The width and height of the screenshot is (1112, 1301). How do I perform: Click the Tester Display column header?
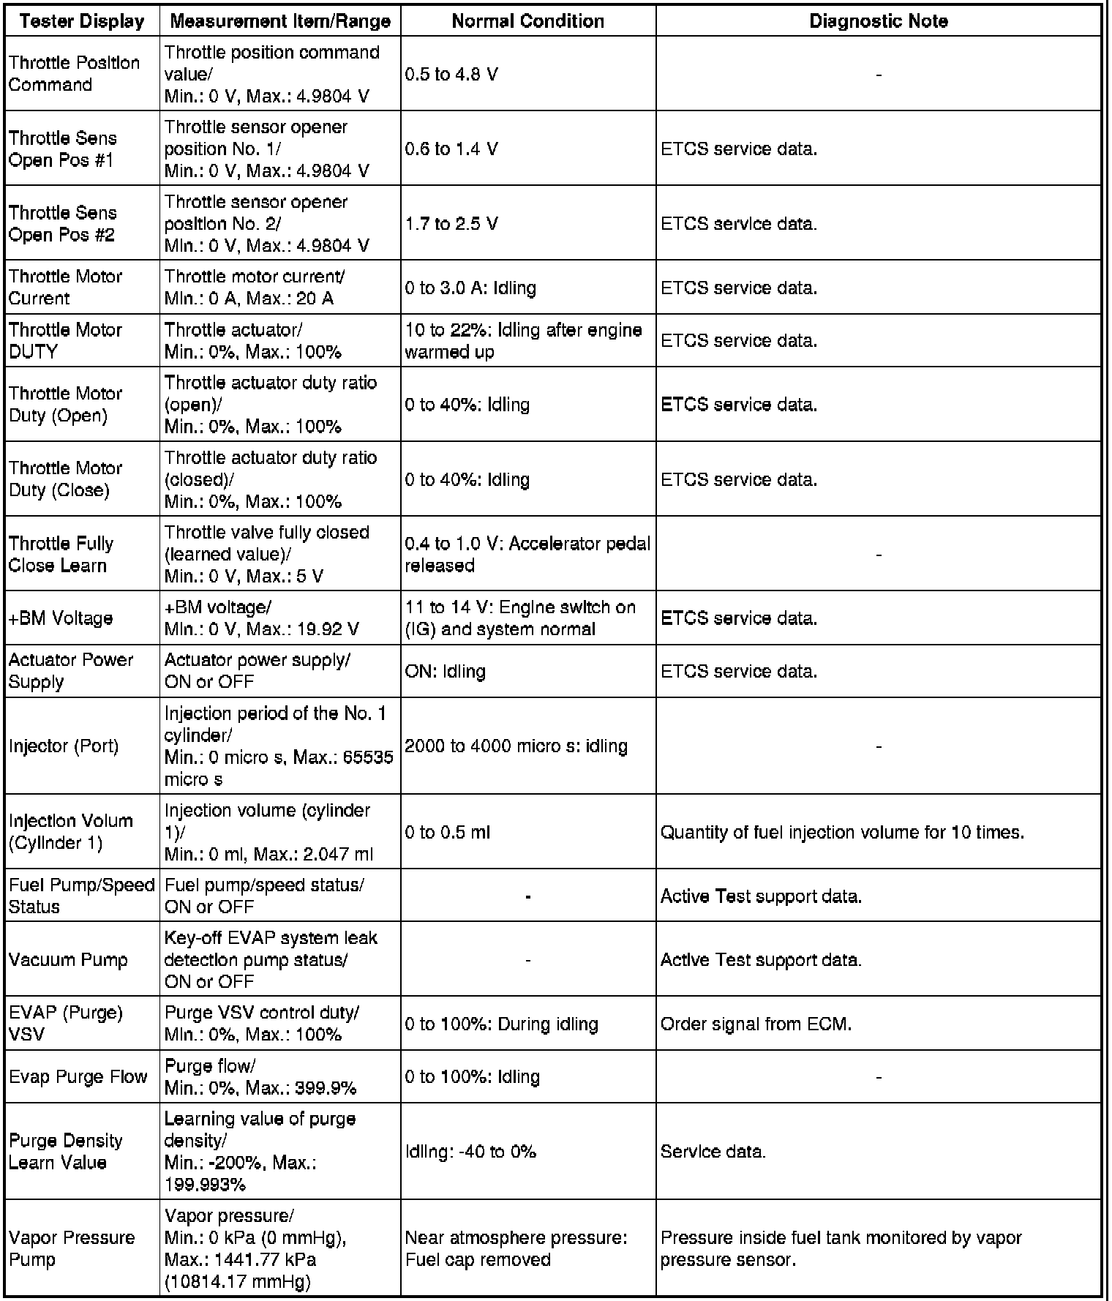82,21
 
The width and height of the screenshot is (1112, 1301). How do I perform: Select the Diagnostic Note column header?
878,21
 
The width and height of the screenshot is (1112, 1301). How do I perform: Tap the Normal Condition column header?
527,21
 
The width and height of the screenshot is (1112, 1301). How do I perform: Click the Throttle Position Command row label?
74,74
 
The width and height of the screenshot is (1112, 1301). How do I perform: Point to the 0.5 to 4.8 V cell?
451,75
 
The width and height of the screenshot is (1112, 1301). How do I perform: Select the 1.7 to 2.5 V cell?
451,224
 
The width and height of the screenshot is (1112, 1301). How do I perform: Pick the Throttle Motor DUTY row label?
65,341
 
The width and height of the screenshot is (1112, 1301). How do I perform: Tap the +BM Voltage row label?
61,618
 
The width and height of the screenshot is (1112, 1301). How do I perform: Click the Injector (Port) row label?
64,746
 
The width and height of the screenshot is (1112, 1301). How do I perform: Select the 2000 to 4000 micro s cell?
516,746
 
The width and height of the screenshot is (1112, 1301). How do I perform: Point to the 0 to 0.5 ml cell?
447,833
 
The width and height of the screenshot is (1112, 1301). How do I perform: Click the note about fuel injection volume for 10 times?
842,833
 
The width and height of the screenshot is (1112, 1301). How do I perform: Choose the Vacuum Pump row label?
68,960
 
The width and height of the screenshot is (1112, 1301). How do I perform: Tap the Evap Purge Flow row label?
78,1077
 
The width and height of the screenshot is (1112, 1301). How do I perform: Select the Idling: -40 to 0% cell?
470,1152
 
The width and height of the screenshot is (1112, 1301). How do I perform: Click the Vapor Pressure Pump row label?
72,1248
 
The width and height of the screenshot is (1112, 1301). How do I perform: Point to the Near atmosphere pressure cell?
516,1248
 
